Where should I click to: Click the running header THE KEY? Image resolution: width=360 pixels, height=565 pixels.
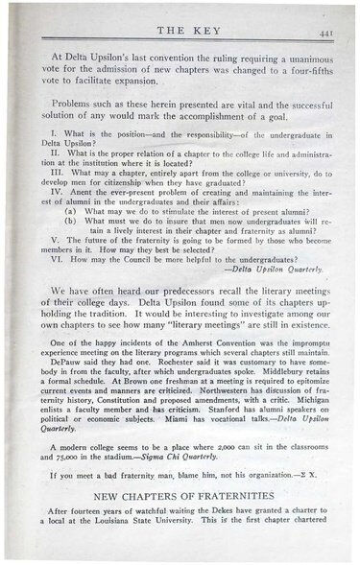(179, 32)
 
